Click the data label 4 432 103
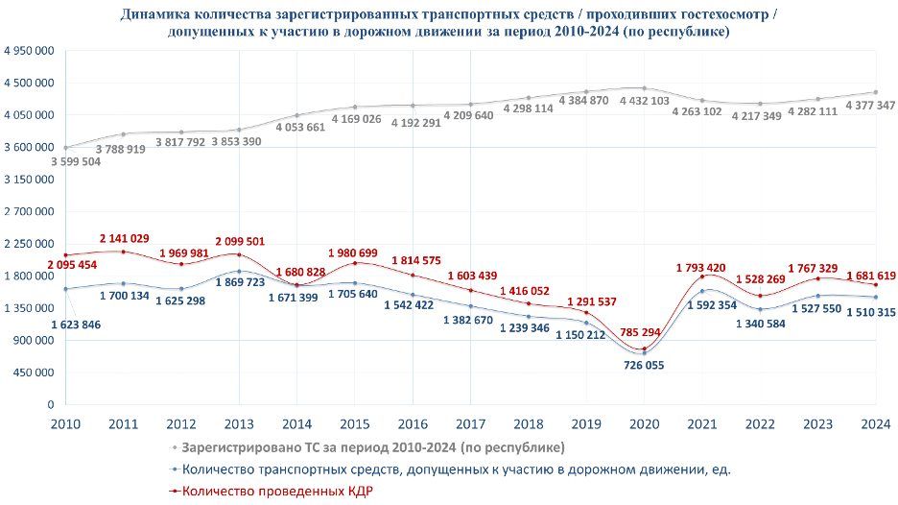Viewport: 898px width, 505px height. pos(645,101)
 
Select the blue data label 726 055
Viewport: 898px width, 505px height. pos(643,366)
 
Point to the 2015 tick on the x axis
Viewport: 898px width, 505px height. pos(355,423)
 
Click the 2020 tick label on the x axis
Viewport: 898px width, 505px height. pos(645,423)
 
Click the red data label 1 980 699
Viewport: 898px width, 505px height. pos(357,252)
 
